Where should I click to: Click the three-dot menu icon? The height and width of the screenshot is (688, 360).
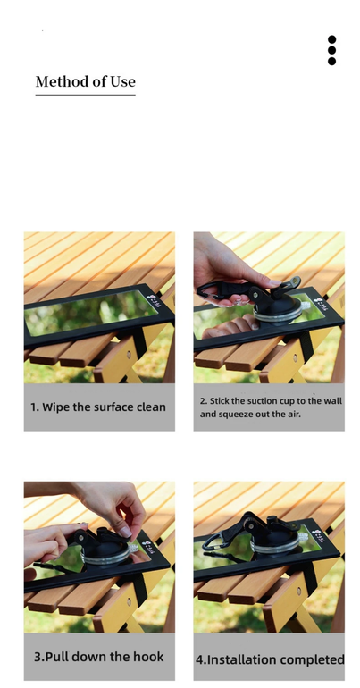click(331, 50)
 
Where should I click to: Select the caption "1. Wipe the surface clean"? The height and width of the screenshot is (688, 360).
click(98, 407)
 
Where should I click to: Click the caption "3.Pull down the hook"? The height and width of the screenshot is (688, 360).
click(99, 657)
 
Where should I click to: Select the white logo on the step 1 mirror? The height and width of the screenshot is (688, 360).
click(154, 299)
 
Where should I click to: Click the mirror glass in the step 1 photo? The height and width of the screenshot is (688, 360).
click(91, 311)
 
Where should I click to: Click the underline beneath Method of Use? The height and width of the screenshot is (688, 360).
click(86, 95)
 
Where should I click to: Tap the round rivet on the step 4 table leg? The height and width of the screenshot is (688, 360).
click(298, 591)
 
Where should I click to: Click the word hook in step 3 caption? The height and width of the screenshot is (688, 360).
click(149, 657)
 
